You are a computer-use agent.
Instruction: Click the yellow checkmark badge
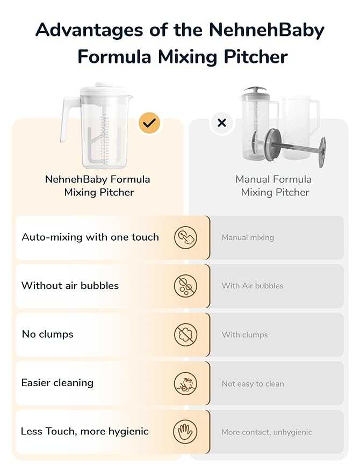(149, 123)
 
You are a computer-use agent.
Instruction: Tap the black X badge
(221, 123)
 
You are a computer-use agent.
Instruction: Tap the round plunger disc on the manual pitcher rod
(322, 152)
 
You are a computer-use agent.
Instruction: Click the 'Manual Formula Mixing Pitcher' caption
(273, 186)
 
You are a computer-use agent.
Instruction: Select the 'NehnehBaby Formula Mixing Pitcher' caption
(98, 186)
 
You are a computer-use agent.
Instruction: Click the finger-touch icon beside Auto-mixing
(185, 237)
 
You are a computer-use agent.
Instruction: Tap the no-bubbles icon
(185, 286)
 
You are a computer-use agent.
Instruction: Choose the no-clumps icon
(185, 335)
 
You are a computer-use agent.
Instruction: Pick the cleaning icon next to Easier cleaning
(185, 383)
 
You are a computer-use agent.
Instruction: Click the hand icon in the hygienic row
(185, 432)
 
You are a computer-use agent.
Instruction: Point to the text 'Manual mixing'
(248, 237)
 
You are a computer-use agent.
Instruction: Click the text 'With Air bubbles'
(253, 286)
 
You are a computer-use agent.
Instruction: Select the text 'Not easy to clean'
(253, 383)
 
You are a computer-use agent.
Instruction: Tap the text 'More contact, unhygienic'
(267, 432)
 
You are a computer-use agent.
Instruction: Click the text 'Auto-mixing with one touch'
(90, 237)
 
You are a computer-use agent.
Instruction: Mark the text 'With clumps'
(244, 335)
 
